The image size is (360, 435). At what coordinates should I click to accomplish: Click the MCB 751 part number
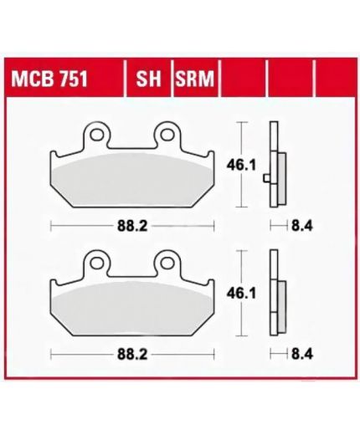[x=49, y=79]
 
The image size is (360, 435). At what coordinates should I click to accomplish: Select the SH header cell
[x=148, y=79]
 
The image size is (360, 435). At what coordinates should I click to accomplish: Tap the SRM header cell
[x=195, y=79]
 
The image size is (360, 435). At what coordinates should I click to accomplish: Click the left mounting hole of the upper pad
[x=96, y=135]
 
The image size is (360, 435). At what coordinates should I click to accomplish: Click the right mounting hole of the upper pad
[x=167, y=135]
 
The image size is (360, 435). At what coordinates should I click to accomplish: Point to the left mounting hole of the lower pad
[x=96, y=263]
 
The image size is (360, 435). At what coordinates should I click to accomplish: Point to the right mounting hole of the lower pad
[x=167, y=263]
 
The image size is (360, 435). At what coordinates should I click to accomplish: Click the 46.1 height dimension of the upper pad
[x=241, y=166]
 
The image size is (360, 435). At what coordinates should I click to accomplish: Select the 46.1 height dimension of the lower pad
[x=241, y=294]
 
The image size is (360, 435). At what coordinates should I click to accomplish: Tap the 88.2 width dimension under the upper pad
[x=132, y=226]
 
